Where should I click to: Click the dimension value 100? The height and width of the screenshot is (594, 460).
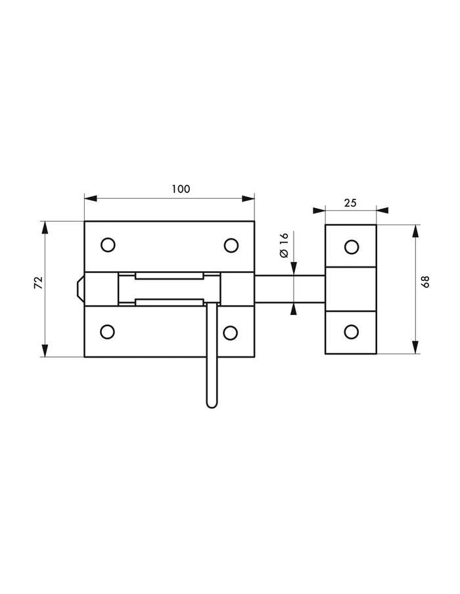click(181, 189)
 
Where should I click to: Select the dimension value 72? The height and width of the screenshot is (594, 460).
click(38, 283)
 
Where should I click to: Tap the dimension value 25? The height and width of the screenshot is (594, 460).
click(350, 203)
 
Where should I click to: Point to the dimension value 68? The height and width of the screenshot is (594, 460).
click(426, 282)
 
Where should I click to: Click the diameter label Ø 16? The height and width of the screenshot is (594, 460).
click(283, 245)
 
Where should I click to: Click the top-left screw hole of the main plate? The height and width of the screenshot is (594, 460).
click(108, 245)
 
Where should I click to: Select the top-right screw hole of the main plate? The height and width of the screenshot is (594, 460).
click(230, 245)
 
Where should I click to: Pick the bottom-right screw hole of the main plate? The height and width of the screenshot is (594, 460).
click(230, 332)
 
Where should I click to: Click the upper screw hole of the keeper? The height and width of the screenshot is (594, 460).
click(352, 247)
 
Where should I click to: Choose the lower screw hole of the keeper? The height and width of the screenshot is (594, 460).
click(352, 332)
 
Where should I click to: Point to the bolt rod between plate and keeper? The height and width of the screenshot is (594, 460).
click(289, 289)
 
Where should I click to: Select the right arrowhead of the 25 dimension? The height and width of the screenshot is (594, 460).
click(382, 211)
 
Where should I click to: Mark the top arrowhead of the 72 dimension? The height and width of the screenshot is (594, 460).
click(45, 227)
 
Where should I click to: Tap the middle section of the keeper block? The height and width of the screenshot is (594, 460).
click(351, 289)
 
